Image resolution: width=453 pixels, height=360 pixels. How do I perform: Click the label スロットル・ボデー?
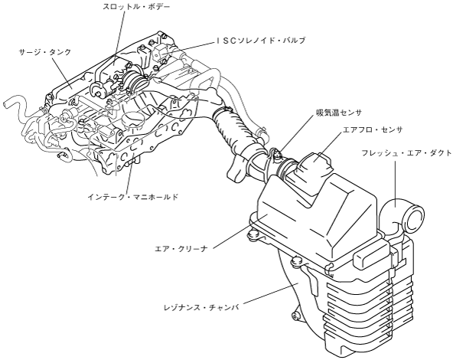tap(136, 6)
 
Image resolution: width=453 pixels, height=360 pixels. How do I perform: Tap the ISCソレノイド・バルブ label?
tap(261, 41)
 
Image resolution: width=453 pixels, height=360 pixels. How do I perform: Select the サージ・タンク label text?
tap(45, 52)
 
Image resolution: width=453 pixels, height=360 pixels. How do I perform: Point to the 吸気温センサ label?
tap(338, 113)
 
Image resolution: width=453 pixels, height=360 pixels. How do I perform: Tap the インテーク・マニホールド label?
tap(133, 197)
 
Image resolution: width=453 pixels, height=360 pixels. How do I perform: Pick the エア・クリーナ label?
tap(181, 248)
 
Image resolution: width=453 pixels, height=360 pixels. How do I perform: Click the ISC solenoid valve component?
tap(161, 52)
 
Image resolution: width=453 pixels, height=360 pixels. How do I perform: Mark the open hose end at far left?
tap(8, 104)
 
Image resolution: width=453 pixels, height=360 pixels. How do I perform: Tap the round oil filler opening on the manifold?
tap(132, 119)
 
